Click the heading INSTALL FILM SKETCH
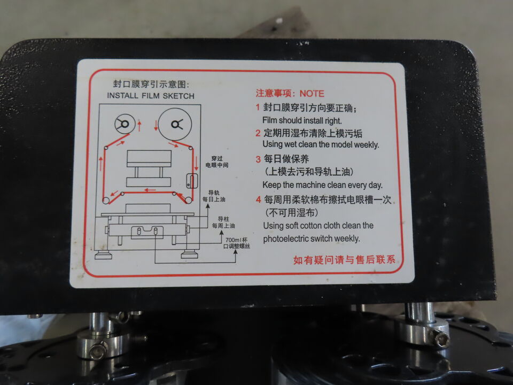(151, 96)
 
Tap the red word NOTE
(312, 94)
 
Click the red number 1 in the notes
(258, 107)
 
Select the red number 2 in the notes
(258, 133)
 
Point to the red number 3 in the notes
(258, 159)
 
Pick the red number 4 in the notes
(259, 199)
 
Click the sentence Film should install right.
(302, 120)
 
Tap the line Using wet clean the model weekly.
(321, 144)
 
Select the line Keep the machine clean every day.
(322, 185)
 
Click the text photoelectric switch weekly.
(312, 238)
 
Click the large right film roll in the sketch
(175, 125)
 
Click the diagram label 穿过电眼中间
(216, 161)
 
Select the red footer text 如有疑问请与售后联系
(344, 260)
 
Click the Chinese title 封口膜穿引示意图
(151, 84)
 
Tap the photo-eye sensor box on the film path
(192, 181)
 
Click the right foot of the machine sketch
(189, 255)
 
